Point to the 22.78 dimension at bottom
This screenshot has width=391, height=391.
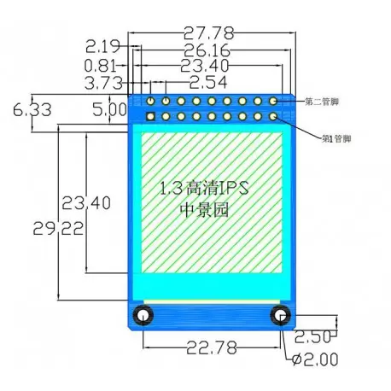pos(211,346)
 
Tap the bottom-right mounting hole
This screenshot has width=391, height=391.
pos(279,317)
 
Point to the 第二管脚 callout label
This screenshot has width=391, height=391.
pos(322,102)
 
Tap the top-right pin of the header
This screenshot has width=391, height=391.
pos(273,101)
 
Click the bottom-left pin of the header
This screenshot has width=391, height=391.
pos(150,116)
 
